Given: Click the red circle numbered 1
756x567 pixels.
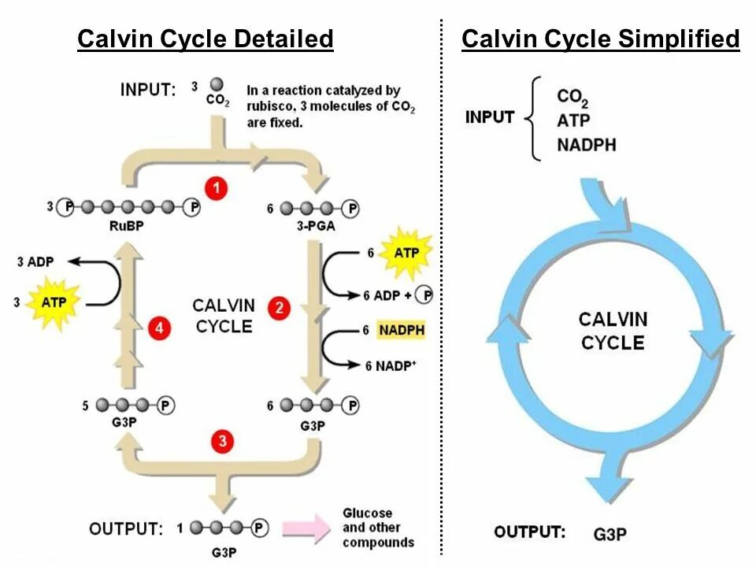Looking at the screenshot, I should (x=216, y=189).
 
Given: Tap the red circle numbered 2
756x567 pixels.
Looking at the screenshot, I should (x=278, y=308).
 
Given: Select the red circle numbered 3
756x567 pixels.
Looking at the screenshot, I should (x=223, y=441).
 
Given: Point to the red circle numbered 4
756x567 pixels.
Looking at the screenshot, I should (x=160, y=329).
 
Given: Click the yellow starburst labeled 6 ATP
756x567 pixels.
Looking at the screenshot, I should (x=406, y=253).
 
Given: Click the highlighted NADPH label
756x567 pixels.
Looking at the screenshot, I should (x=401, y=331).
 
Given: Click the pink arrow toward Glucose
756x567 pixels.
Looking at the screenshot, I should (x=306, y=528).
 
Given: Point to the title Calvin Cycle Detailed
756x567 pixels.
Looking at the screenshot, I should (x=206, y=39).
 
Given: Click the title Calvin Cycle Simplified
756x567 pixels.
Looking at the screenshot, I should (x=601, y=39).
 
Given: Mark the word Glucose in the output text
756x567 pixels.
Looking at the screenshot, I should (x=367, y=513).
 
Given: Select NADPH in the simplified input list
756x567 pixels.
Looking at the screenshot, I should (x=586, y=145).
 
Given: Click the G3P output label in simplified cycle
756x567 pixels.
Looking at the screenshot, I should (x=610, y=533).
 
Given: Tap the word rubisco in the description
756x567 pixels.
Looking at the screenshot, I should (x=270, y=107).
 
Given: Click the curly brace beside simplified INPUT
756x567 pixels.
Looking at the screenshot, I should (x=532, y=118).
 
